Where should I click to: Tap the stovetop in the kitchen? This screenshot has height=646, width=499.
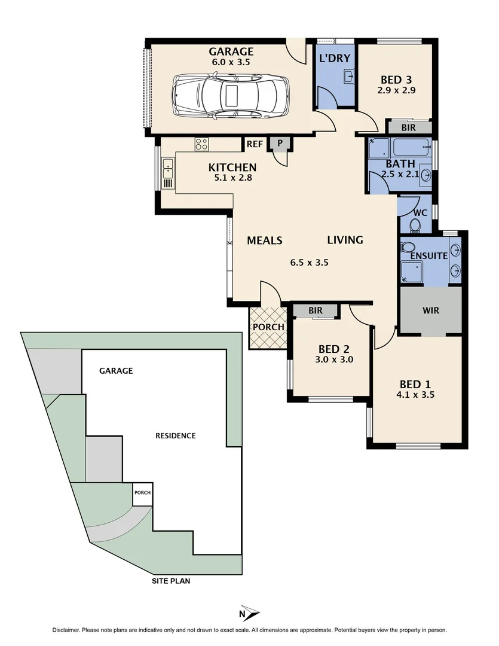(x=201, y=144)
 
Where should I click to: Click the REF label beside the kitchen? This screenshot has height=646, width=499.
(x=255, y=144)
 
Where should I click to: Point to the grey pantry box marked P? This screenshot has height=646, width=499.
(x=280, y=143)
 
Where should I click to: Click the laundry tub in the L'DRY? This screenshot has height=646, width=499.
(x=350, y=76)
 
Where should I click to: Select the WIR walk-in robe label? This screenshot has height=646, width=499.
(x=431, y=311)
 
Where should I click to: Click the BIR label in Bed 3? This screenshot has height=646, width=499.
(x=409, y=127)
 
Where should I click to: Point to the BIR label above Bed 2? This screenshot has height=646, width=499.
(x=316, y=310)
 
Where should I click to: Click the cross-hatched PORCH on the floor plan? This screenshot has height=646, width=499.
(x=268, y=327)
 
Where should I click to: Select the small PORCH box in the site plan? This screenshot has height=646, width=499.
(x=142, y=493)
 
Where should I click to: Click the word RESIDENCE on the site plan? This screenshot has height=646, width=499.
(x=175, y=435)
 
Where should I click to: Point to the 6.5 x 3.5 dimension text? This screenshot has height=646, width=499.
(x=310, y=262)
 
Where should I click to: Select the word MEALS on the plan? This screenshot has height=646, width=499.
(x=264, y=240)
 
